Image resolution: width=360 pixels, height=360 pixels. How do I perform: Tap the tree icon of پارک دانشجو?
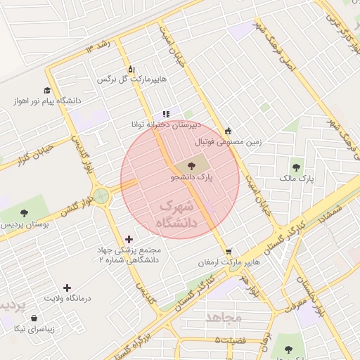coord(192,166)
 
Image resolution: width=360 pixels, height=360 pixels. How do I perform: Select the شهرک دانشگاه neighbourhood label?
coord(176,214)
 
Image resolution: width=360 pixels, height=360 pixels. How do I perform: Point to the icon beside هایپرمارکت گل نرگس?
coord(131,69)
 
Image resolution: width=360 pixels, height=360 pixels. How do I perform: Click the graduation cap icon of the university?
coord(47,90)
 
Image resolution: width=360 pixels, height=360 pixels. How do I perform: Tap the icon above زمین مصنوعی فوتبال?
coord(228,131)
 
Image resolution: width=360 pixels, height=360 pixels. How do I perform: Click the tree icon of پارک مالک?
coord(296,167)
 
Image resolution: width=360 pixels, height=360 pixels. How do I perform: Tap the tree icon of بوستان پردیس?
coord(25,212)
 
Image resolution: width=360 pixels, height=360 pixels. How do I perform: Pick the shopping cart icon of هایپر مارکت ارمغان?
coord(229,251)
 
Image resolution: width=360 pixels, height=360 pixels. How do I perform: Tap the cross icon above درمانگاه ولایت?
coord(67,288)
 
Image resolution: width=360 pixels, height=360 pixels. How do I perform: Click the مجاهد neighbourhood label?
coord(224,318)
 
